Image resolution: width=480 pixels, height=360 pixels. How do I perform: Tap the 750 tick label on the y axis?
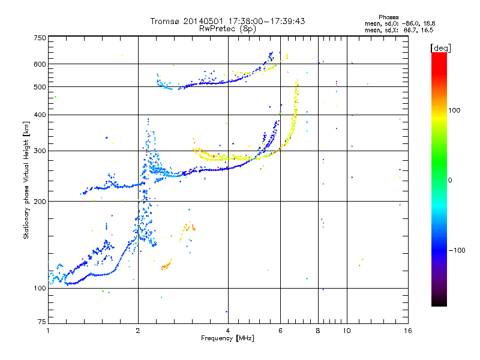(x=40, y=38)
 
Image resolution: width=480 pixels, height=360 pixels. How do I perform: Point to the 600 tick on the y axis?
(x=40, y=64)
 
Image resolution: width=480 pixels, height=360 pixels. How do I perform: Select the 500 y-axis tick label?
(x=40, y=87)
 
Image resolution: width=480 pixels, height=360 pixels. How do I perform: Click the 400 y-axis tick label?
(x=40, y=115)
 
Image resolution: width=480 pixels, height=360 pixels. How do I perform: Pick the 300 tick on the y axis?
(x=40, y=151)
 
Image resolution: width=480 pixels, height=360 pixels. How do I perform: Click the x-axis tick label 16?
(x=407, y=331)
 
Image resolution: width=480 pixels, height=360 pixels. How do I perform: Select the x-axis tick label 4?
(x=228, y=331)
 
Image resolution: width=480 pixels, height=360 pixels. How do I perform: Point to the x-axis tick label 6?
(x=280, y=331)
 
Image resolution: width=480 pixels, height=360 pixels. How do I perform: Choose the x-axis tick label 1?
(x=49, y=331)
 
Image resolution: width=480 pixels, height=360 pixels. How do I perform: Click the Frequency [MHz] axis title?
(x=227, y=338)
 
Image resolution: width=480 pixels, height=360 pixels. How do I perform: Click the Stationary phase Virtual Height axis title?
(x=26, y=180)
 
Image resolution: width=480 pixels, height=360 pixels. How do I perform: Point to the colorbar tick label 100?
(x=456, y=110)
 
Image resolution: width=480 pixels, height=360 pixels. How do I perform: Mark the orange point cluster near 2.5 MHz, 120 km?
(x=166, y=265)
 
